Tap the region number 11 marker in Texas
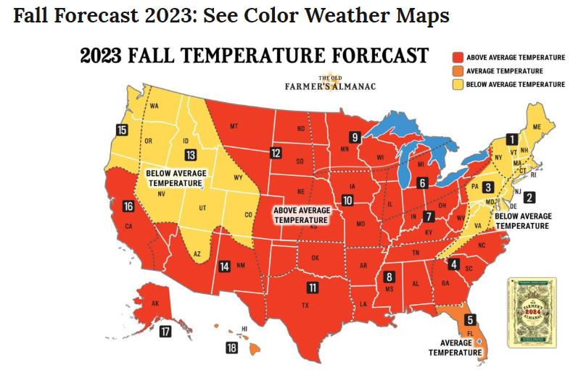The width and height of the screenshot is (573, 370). click(x=313, y=287)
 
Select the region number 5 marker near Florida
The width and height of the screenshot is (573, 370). click(x=470, y=320)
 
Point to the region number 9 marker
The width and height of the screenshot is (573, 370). click(x=355, y=136)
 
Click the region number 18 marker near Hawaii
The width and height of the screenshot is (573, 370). click(x=231, y=348)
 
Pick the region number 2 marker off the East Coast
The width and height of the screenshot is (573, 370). click(x=529, y=197)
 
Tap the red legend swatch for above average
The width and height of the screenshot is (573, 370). click(x=458, y=57)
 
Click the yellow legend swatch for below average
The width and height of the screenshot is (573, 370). click(x=458, y=85)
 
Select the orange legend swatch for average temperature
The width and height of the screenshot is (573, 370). click(x=458, y=71)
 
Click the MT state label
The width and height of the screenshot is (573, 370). click(x=234, y=127)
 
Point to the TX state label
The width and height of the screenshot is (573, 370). click(x=305, y=306)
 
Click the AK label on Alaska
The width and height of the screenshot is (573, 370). click(x=154, y=304)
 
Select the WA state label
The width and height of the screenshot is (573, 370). click(x=154, y=107)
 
